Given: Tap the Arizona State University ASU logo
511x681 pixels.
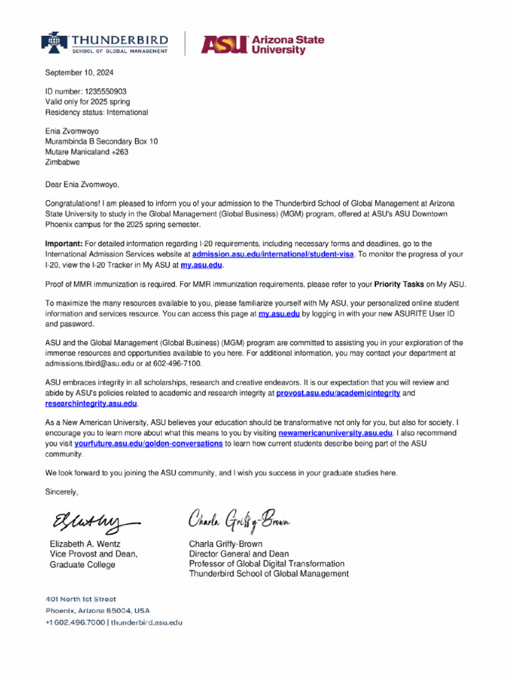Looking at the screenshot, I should [x=263, y=44].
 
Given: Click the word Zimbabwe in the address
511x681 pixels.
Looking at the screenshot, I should [x=63, y=162].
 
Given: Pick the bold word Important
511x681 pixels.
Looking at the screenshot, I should [x=63, y=244].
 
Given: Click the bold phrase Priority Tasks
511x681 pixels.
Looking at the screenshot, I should [x=399, y=284].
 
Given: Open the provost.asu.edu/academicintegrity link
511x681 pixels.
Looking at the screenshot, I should [x=338, y=393].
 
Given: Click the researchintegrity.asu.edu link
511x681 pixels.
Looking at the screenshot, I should [x=91, y=404].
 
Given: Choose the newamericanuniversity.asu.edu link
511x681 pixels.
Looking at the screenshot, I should [x=335, y=433].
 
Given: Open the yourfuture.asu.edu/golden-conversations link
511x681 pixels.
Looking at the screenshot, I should [x=148, y=443].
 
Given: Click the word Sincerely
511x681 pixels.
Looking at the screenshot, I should [x=61, y=492].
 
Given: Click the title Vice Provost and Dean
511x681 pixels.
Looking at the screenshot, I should [x=94, y=554].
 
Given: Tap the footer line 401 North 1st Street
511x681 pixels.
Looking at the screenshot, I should [x=81, y=599].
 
